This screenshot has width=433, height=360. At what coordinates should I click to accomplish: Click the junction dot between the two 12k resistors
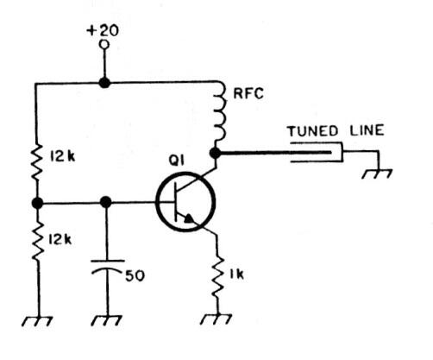tap(35, 203)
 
